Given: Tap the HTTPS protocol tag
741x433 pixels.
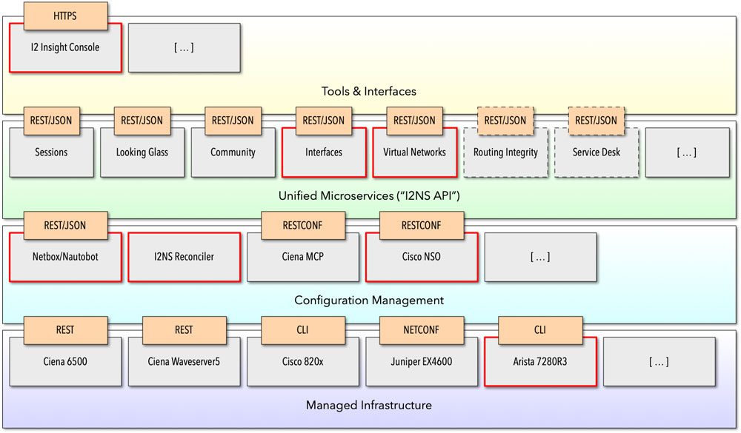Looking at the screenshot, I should pos(65,16).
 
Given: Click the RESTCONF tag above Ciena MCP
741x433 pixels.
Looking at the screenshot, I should pos(303,226).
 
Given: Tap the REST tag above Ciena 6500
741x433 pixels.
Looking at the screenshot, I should pos(65,330).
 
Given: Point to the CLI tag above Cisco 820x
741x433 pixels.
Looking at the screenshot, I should pos(303,330).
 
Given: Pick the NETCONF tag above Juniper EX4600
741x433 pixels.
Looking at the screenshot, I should pos(422,330).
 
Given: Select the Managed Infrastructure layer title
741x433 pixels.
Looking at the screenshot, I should pos(368,405).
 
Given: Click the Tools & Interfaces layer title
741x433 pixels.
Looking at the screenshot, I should pos(368,91).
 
